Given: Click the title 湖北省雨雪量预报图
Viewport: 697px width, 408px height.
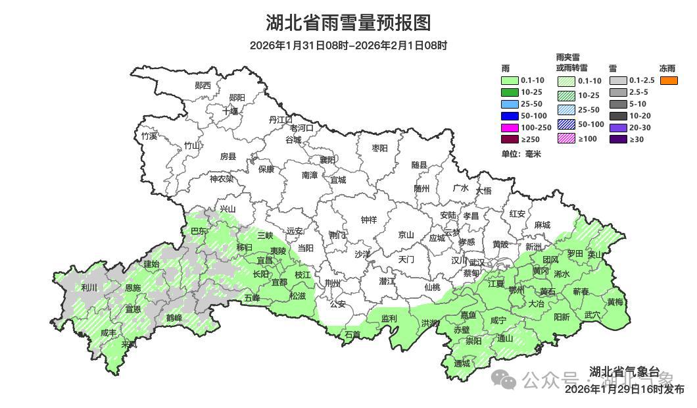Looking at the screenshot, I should [348, 23].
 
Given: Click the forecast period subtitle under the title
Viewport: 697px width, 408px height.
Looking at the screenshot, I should [348, 45].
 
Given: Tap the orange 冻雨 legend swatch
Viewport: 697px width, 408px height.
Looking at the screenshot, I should [669, 80].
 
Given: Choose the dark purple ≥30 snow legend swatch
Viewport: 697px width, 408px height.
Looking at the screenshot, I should [618, 139].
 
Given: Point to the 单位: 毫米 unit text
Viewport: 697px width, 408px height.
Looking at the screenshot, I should [521, 153].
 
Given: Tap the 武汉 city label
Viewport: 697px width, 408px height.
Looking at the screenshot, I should [476, 262].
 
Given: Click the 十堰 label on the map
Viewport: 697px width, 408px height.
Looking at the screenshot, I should [230, 111].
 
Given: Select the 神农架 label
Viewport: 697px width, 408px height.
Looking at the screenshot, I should [222, 178].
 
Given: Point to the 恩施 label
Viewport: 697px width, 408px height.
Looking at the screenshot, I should [132, 288].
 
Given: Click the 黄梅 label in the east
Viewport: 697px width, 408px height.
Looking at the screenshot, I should [615, 302].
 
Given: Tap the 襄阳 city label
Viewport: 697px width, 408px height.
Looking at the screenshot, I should [327, 160].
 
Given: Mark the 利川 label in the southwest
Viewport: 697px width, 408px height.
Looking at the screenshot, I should [89, 288].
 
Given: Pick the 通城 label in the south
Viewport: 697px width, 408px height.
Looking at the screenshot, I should [462, 363].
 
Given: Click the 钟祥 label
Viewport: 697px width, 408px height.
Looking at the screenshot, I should [370, 220].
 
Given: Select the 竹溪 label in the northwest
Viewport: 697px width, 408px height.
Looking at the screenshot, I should [149, 136].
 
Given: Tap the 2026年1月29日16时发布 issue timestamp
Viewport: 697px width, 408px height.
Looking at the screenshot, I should [624, 390].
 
